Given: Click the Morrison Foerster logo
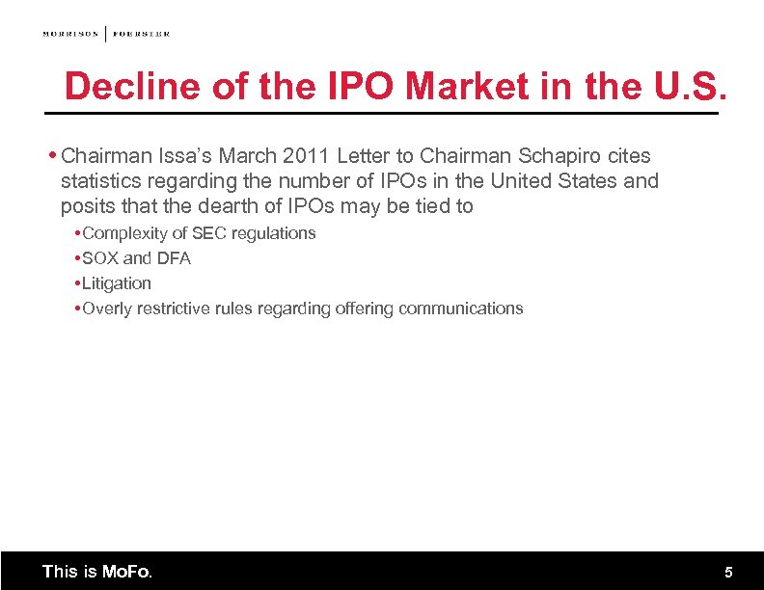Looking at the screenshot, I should click(106, 34).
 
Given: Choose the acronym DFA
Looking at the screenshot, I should click(174, 258).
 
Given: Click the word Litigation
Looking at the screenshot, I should click(117, 283).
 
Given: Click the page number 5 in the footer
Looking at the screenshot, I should click(729, 573).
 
